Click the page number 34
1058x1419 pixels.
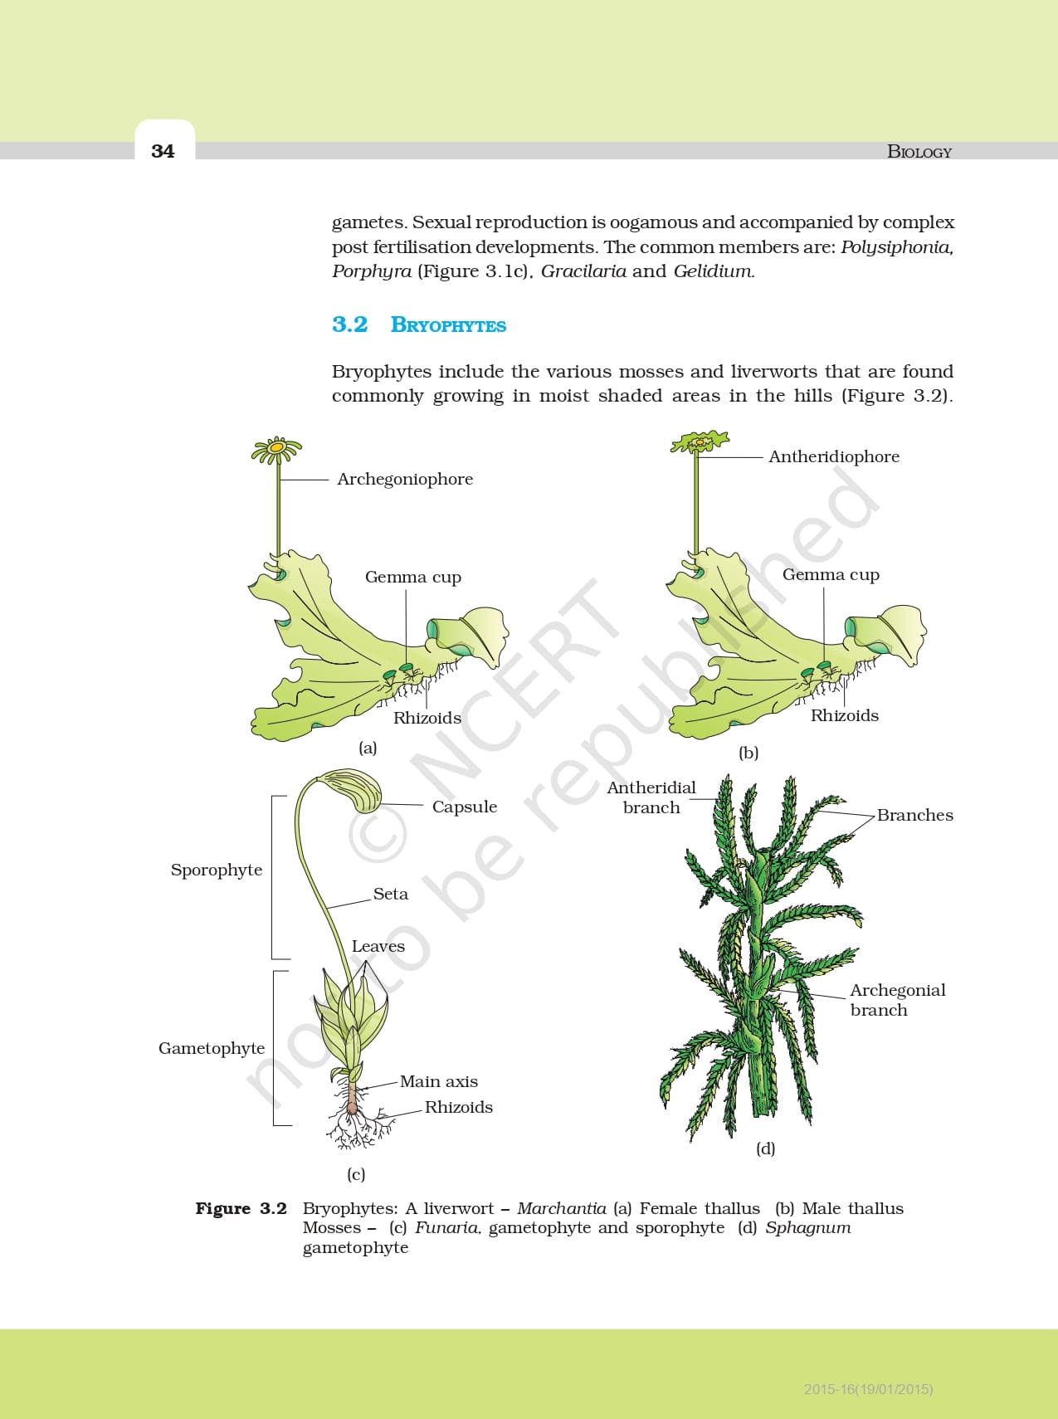point(163,151)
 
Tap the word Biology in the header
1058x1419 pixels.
point(919,152)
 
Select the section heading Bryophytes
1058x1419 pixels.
point(448,325)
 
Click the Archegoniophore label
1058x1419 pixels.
point(405,479)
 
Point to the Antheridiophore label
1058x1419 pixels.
point(834,456)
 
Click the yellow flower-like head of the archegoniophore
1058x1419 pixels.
point(277,449)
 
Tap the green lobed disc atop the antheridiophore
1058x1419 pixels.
point(700,441)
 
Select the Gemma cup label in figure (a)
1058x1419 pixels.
point(413,577)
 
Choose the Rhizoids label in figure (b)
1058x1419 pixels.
point(844,715)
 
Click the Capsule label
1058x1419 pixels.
point(465,807)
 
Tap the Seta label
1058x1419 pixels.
point(391,894)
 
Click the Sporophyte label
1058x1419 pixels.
point(217,870)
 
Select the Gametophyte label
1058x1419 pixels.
point(212,1048)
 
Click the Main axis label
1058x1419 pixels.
point(439,1081)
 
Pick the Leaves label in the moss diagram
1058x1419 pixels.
point(378,946)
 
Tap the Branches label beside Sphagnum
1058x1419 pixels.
point(914,815)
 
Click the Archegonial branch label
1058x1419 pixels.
point(897,999)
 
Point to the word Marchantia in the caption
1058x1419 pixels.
point(562,1208)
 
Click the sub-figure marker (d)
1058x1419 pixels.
point(765,1148)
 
